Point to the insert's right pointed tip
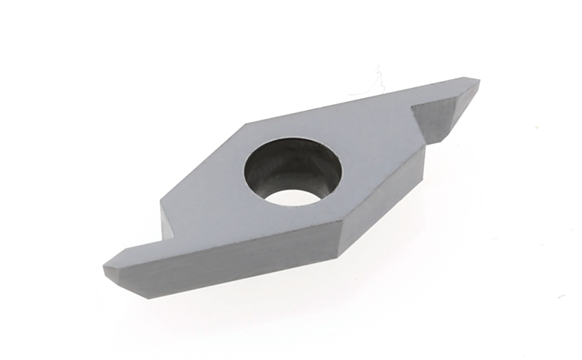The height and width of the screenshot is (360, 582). [479, 82]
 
